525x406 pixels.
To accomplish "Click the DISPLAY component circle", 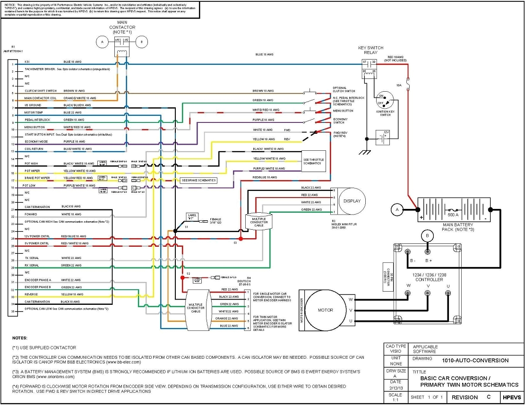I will click(352, 201).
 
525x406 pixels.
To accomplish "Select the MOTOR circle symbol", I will click(325, 310).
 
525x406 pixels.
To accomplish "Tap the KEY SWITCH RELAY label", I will click(371, 50).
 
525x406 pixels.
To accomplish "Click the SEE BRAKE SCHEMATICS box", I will click(198, 181).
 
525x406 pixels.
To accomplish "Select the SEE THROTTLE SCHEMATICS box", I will click(313, 161).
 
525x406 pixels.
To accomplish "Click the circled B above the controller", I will click(427, 235).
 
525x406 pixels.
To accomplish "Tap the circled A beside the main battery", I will click(397, 209).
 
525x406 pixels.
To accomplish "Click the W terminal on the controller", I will click(407, 293).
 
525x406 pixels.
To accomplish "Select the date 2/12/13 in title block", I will click(396, 388).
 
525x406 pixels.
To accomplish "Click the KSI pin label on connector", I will click(27, 62).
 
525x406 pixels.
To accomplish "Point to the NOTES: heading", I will click(20, 338).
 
